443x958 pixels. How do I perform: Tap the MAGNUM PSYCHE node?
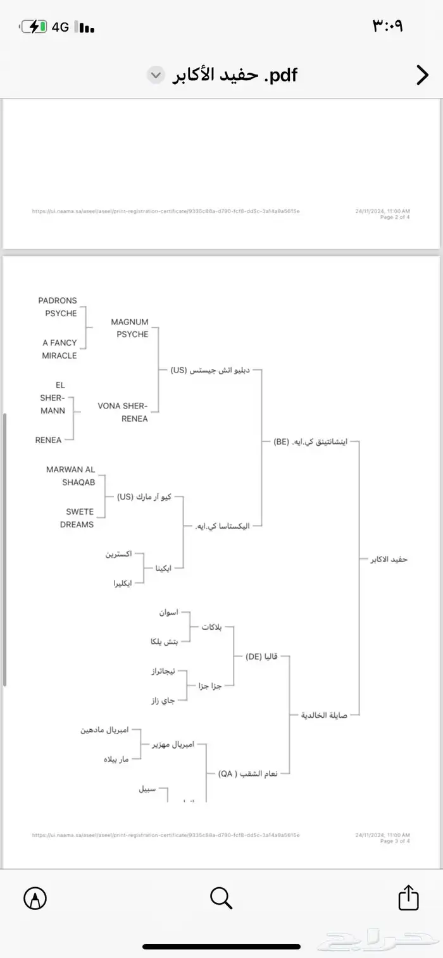click(x=129, y=328)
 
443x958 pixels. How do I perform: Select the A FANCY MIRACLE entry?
click(x=59, y=349)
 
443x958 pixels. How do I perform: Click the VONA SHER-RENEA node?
click(x=123, y=412)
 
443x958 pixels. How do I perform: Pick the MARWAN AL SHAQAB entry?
click(x=70, y=476)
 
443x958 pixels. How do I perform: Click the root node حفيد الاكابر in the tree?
click(x=389, y=560)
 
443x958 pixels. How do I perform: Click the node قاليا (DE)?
click(x=262, y=656)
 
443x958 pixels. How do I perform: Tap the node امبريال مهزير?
click(x=173, y=745)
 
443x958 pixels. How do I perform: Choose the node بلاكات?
click(x=211, y=627)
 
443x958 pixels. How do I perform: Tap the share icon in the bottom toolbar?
click(x=408, y=897)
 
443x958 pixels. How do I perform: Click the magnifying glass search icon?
click(x=221, y=897)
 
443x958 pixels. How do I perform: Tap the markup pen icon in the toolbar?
click(x=35, y=897)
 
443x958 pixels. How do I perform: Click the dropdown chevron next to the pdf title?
click(x=154, y=76)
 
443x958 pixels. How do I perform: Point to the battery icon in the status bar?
click(x=34, y=27)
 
